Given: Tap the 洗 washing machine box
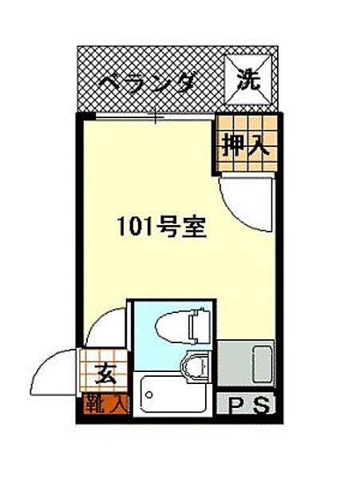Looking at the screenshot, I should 250,77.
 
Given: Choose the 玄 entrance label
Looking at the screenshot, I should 105,372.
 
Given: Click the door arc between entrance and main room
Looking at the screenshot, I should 105,327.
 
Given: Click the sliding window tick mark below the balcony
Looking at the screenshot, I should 157,117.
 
